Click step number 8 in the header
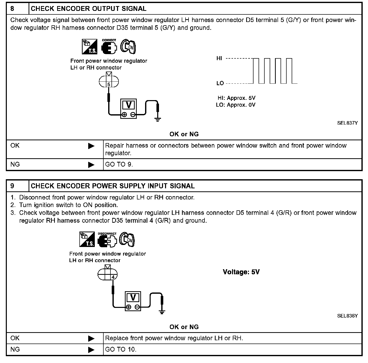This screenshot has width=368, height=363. [x=12, y=9]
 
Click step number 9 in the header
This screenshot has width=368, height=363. [x=12, y=186]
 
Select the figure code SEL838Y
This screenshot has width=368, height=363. [x=347, y=316]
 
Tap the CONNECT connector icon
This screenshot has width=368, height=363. [x=109, y=47]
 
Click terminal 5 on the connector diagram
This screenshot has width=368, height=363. [x=109, y=84]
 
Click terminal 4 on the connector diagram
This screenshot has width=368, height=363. [x=113, y=277]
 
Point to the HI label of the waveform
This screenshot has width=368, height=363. [x=219, y=58]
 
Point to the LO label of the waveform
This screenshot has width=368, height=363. [x=220, y=83]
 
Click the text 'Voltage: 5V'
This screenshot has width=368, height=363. [x=241, y=272]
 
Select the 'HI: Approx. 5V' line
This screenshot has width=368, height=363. [x=236, y=98]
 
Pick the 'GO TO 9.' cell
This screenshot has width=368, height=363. [x=119, y=165]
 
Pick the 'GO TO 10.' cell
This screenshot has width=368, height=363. [x=121, y=350]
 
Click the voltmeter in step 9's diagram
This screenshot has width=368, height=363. [x=133, y=301]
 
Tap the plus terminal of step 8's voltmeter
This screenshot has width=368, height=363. [x=124, y=115]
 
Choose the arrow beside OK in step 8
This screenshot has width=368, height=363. [x=91, y=146]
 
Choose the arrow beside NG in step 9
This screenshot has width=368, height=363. [x=91, y=350]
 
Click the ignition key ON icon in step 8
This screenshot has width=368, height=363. [x=128, y=47]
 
